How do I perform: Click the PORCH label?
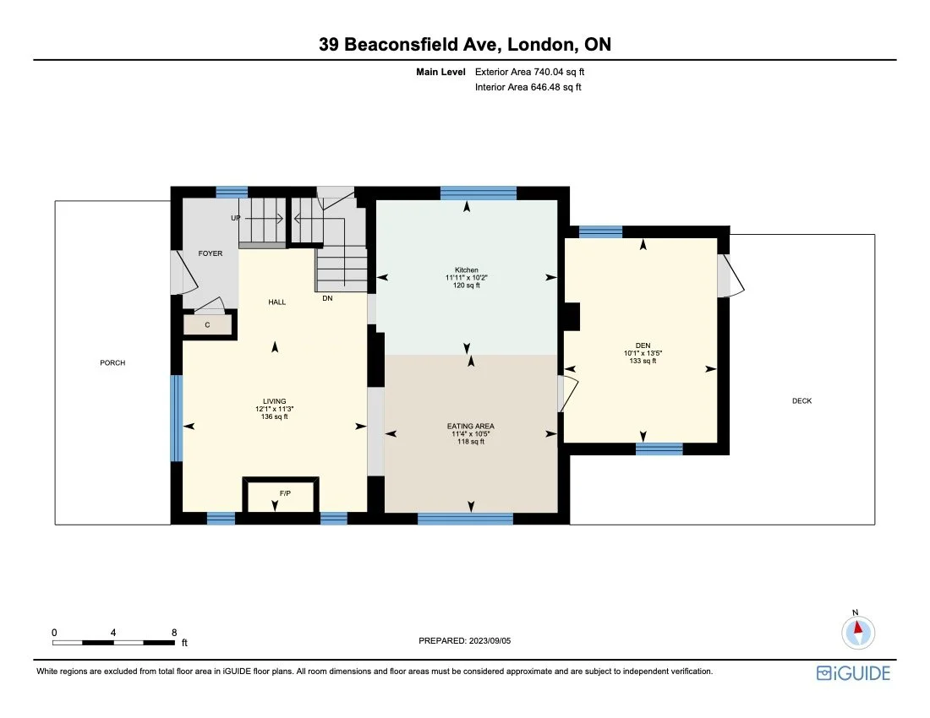[x=112, y=363]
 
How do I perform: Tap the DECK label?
[x=801, y=401]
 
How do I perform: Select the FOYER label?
[x=211, y=253]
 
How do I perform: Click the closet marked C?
[x=208, y=324]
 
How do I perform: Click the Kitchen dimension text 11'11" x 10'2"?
[x=466, y=278]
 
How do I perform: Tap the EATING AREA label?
[x=471, y=427]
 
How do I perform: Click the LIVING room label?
[x=274, y=401]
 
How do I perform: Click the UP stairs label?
[x=236, y=218]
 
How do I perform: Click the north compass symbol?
[x=858, y=630]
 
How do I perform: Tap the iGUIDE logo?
[x=853, y=672]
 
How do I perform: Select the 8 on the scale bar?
[x=173, y=632]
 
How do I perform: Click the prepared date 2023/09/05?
[x=490, y=641]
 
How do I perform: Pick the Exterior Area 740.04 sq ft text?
[x=529, y=72]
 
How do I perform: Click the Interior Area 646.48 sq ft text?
[x=528, y=87]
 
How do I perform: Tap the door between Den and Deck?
[x=729, y=276]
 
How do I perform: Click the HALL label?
[x=277, y=302]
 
